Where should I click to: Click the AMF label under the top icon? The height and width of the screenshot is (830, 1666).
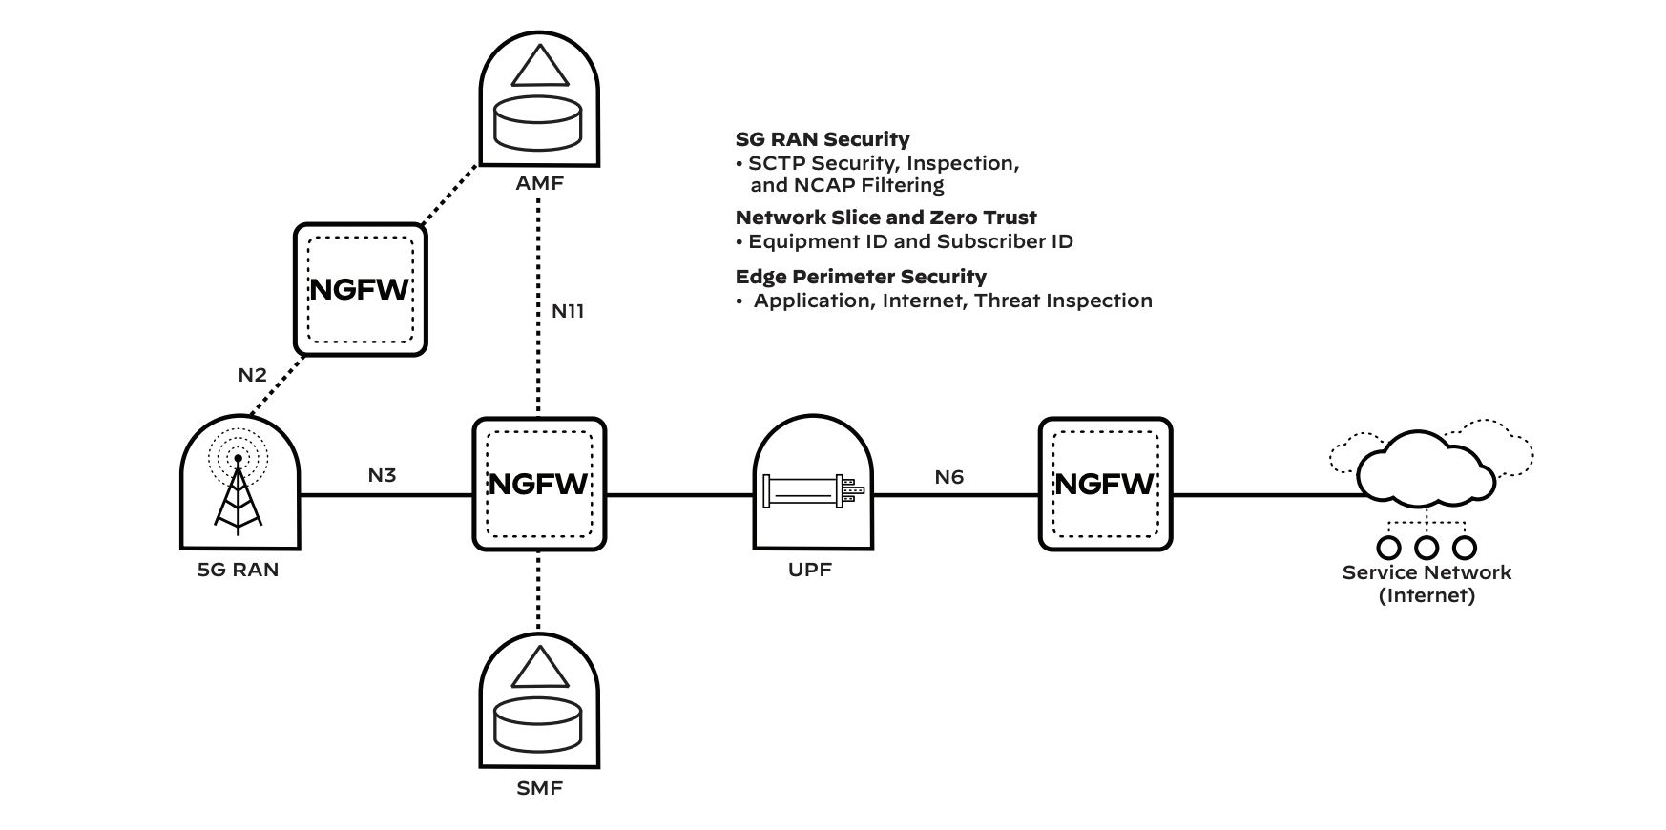539,182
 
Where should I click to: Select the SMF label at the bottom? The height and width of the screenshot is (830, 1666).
539,789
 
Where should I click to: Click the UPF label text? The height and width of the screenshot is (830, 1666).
810,570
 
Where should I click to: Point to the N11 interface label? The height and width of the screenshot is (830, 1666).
568,311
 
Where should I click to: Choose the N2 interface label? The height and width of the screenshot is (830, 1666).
252,375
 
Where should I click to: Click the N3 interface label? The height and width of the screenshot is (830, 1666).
382,475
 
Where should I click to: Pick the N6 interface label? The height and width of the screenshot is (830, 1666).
948,477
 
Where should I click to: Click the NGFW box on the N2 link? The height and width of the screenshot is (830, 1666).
360,290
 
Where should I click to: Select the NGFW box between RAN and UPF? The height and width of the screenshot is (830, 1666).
539,484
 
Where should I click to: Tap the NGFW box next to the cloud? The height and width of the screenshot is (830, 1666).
1105,484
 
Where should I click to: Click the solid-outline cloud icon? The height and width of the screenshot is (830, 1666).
1427,467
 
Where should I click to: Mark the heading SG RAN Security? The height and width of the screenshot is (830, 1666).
823,139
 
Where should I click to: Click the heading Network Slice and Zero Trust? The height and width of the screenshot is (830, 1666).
885,218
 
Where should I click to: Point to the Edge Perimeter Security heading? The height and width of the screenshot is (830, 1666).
861,277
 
